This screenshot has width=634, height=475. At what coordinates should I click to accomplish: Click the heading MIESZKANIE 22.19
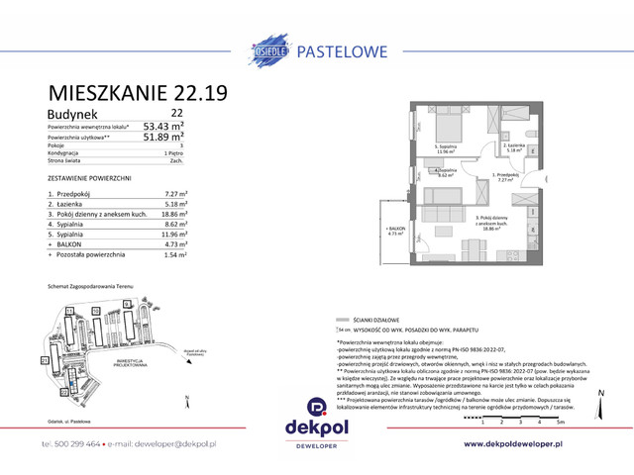click(x=138, y=94)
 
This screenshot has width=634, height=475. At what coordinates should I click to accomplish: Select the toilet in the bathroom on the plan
click(x=533, y=135)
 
